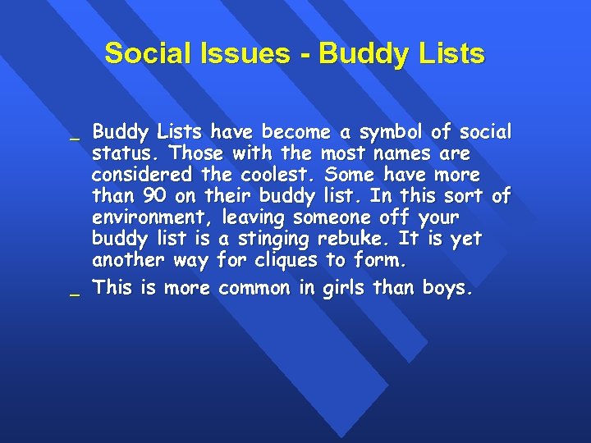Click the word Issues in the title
[x=249, y=54]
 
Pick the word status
[x=117, y=153]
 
